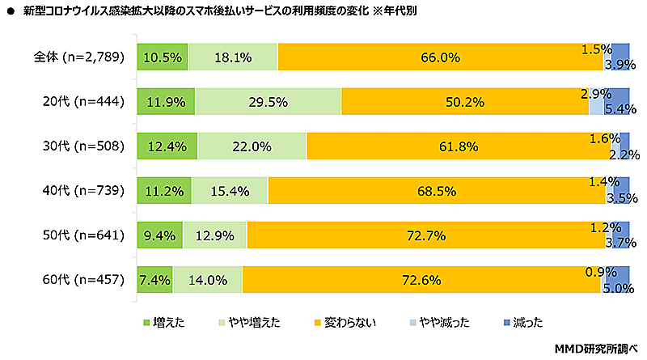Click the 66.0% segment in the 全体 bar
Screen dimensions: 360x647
point(440,57)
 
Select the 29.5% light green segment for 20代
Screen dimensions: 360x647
point(268,102)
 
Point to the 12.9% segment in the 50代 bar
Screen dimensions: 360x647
point(214,236)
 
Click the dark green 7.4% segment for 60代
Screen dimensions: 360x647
point(154,281)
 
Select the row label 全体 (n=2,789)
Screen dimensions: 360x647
point(78,57)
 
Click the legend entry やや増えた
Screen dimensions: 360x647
point(252,322)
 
